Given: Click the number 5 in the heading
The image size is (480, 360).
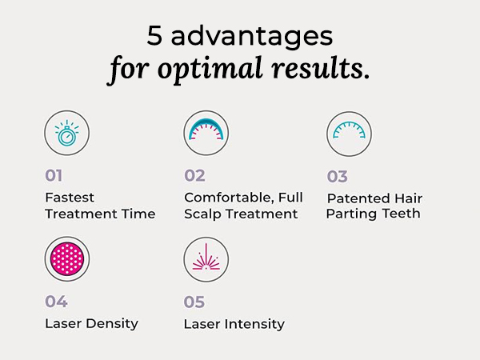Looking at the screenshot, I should [x=155, y=36].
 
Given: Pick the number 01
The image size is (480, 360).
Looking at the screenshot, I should [x=54, y=175].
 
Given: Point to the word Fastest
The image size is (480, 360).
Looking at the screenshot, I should [x=70, y=197].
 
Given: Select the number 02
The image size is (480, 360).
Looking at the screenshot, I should [x=194, y=175].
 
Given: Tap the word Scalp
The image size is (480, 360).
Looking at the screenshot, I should [x=203, y=214].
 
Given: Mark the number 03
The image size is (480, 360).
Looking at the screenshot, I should [x=338, y=176].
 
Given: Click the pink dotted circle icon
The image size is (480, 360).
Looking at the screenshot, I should [x=67, y=259].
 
